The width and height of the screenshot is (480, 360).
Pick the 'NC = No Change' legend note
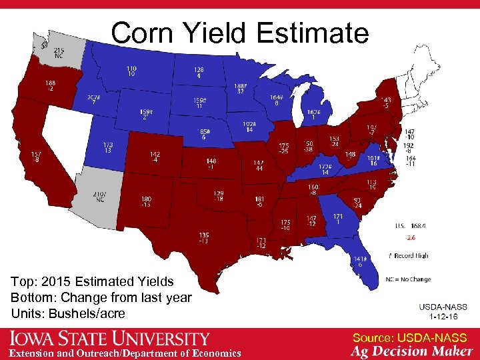(409, 279)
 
